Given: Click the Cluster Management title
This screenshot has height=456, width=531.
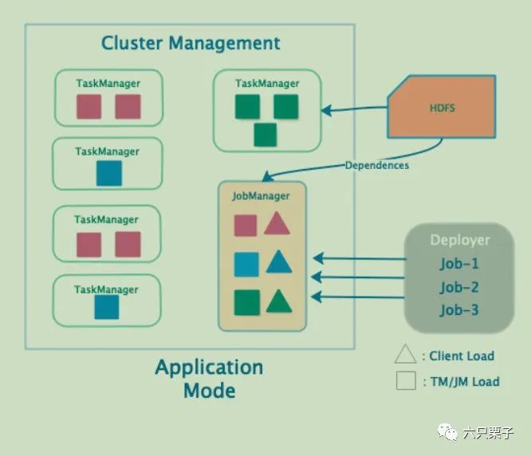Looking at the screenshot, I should point(191,43).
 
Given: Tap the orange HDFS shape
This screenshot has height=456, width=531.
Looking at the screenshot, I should point(441,108).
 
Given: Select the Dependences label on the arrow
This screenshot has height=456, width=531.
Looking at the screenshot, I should point(377,165).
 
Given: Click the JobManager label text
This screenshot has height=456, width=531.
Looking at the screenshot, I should point(260,195).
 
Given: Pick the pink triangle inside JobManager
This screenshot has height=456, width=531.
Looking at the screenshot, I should point(277,224).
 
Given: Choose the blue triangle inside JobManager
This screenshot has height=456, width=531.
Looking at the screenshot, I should point(277,262).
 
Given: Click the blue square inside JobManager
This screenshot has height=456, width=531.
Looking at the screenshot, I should point(246,264).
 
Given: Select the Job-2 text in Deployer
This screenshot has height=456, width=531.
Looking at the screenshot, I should point(459,287).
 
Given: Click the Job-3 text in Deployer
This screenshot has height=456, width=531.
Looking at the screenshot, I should point(459,309).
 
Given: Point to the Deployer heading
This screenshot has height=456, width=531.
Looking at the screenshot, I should point(460,240).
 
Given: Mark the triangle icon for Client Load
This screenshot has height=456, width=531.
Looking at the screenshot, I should point(406,355).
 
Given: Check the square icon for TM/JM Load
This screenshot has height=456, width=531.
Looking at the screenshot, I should point(406,380).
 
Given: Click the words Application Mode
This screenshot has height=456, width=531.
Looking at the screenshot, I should point(209,379).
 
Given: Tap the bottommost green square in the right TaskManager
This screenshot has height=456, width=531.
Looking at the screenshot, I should point(265,135).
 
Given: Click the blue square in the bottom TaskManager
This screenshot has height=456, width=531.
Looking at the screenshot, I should point(107,307).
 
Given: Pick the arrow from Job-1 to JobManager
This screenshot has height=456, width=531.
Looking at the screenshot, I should point(359,258).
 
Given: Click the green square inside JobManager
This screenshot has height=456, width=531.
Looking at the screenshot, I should point(246,302).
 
